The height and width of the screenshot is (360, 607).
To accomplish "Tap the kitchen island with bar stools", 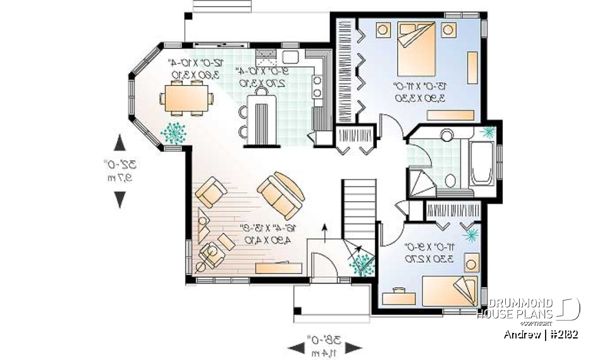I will pyautogui.click(x=262, y=117).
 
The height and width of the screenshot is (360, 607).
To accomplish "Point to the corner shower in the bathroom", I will pyautogui.click(x=420, y=182).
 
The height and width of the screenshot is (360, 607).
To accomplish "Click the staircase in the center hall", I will pyautogui.click(x=359, y=209).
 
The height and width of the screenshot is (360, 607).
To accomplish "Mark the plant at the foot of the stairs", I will pyautogui.click(x=363, y=265).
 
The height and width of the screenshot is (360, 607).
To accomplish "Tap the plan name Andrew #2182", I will pyautogui.click(x=541, y=334).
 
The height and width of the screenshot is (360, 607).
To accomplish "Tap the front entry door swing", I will pyautogui.click(x=323, y=263).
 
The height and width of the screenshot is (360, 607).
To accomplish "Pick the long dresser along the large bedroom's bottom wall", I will pyautogui.click(x=450, y=115).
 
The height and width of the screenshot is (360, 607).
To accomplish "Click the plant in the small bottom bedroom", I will pyautogui.click(x=470, y=235).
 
